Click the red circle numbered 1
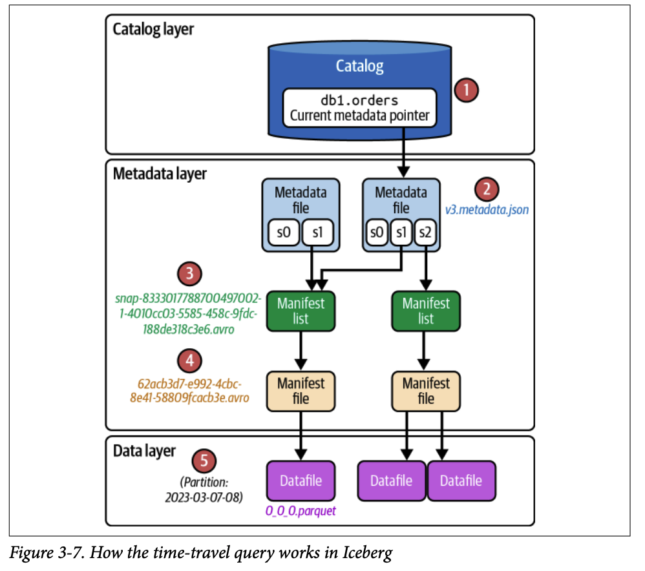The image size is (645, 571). (x=465, y=90)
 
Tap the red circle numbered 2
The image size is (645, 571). (x=486, y=189)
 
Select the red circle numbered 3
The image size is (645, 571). (x=189, y=273)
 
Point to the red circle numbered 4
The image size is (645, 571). (x=189, y=360)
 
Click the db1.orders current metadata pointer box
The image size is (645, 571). (x=359, y=108)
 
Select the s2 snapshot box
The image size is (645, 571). (x=425, y=232)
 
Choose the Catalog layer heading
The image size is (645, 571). (x=153, y=29)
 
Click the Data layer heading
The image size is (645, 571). (x=144, y=450)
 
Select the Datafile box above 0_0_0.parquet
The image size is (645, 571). (x=301, y=481)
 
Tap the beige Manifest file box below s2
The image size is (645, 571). (x=426, y=391)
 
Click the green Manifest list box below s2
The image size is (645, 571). (x=426, y=311)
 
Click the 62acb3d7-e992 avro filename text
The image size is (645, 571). (x=189, y=390)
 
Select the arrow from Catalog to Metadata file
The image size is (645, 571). (x=404, y=152)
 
